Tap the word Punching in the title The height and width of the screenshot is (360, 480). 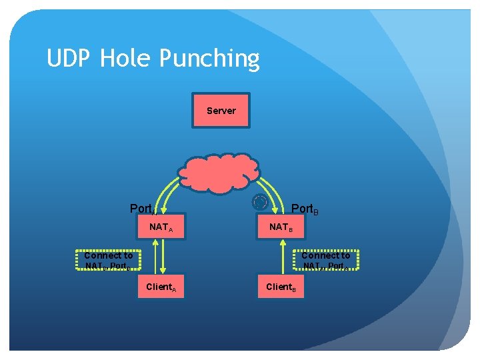209,60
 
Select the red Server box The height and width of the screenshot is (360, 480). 221,110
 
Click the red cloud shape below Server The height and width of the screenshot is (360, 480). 218,172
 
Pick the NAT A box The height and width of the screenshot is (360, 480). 161,227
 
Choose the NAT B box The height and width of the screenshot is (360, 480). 281,227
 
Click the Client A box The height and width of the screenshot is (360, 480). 161,287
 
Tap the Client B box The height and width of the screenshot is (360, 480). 281,287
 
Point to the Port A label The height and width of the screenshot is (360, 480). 143,209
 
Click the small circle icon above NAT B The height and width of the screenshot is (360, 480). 260,202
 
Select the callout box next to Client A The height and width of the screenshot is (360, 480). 108,261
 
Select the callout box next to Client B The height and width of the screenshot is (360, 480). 326,261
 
